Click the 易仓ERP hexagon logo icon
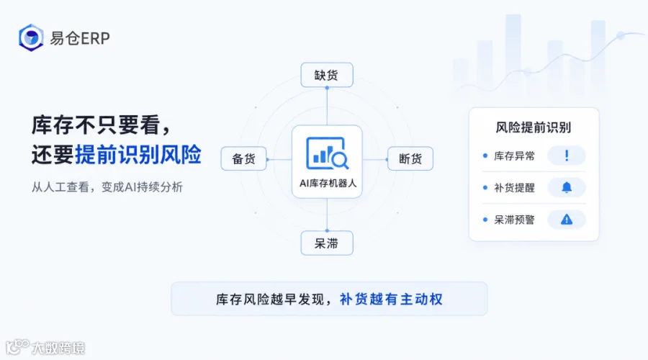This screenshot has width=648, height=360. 31,37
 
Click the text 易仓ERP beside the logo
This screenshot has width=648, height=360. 80,38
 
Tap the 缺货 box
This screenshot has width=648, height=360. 326,75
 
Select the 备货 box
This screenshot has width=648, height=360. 244,158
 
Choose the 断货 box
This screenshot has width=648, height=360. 410,158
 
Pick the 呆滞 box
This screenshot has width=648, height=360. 326,243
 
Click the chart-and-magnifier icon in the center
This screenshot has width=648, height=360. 328,153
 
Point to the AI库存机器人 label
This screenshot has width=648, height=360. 328,183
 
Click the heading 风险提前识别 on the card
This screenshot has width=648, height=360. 533,127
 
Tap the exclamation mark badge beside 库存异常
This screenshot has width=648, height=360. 567,156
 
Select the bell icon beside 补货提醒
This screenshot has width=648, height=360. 567,188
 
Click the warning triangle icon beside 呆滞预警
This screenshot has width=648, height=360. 567,220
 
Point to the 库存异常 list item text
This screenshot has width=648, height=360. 514,156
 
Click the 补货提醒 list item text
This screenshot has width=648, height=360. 514,188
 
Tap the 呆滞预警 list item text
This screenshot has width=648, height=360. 514,220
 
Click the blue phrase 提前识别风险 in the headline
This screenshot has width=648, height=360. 138,155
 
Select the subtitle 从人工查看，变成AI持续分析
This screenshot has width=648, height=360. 107,187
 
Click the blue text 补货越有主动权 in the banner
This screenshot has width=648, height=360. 391,299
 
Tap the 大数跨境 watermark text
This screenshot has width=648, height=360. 58,348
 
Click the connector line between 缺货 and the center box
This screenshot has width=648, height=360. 327,107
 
